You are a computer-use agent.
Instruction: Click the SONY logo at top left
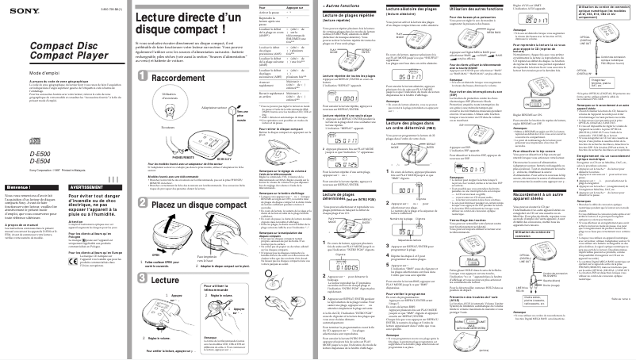(17, 7)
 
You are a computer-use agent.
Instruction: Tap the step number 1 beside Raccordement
(140, 75)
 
